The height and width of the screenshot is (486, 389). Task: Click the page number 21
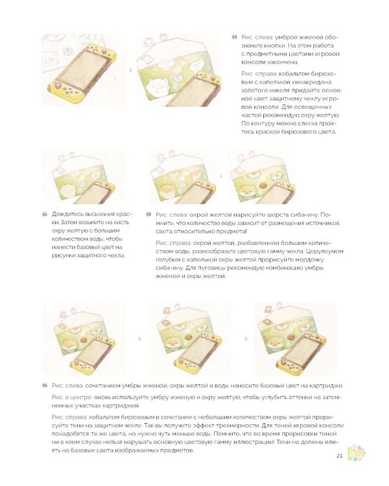339,456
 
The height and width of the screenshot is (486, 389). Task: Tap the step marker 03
234,37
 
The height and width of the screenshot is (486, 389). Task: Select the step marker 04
45,214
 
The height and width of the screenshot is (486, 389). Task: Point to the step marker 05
148,214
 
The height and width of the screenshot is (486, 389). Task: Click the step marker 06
45,386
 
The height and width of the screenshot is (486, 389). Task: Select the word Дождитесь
65,214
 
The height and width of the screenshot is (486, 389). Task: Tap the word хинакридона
312,82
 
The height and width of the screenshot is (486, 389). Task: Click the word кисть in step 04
122,222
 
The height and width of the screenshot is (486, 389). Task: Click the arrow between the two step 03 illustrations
130,71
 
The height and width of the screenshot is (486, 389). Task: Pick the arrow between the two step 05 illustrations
222,176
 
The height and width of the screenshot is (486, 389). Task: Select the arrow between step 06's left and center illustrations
140,339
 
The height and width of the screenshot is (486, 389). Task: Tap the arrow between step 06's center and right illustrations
246,339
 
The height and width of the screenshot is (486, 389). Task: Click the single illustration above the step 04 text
84,176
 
